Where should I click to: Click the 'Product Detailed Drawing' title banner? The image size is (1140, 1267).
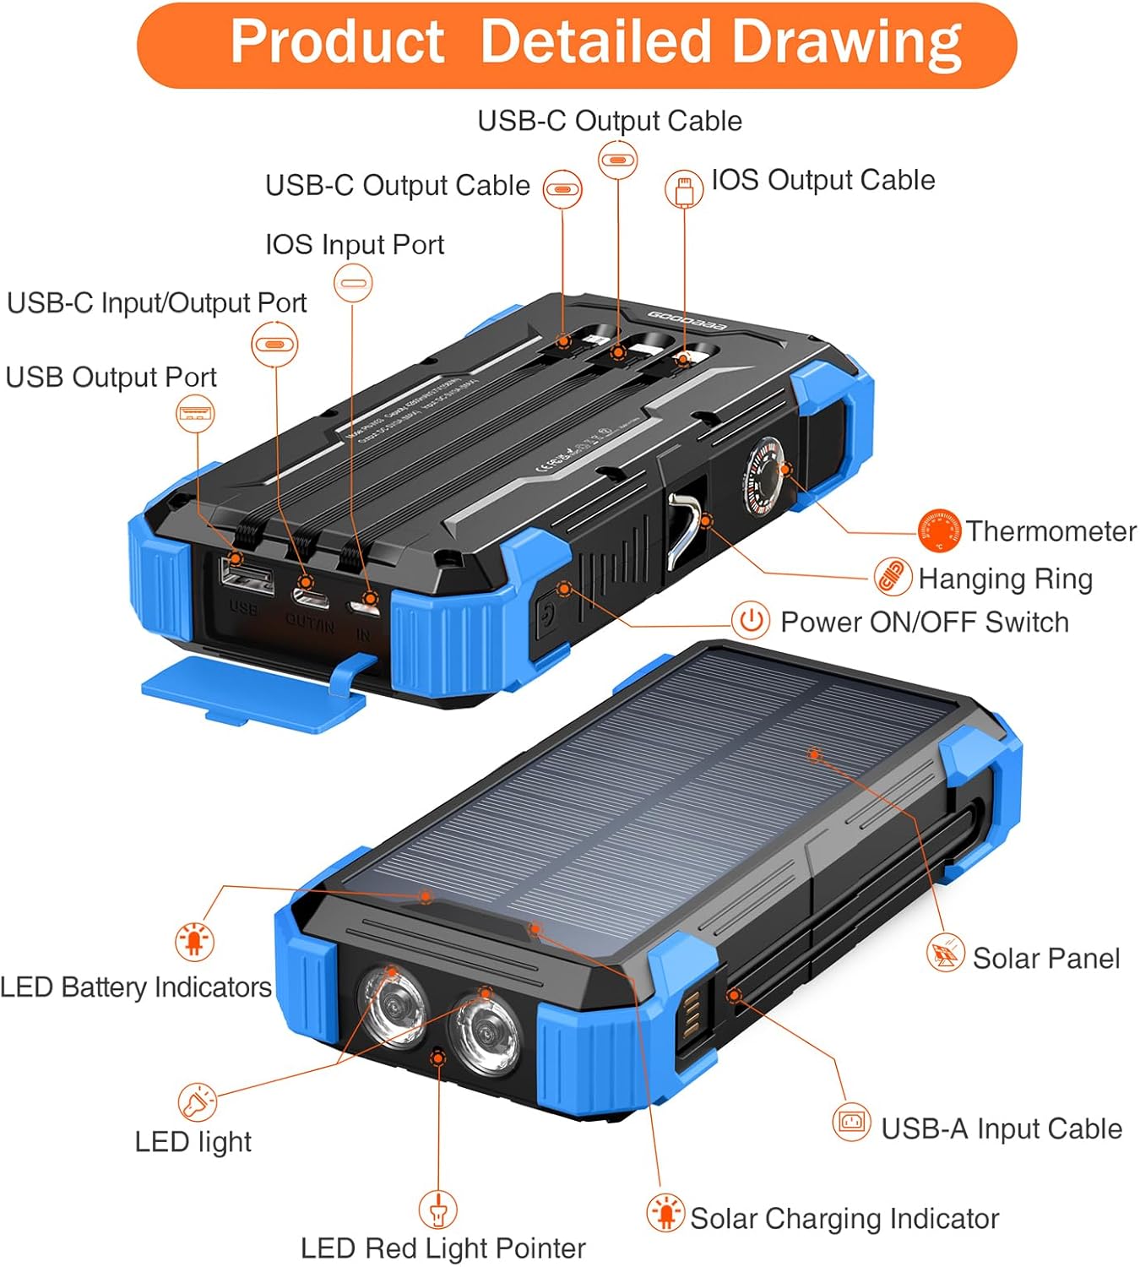[577, 44]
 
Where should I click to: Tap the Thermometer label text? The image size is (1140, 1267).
[1050, 531]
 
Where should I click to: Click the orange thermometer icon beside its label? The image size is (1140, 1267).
[939, 530]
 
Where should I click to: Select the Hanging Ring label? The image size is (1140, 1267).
[1005, 579]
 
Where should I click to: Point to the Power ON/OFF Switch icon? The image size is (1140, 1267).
[750, 621]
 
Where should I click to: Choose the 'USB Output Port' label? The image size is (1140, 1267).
[111, 377]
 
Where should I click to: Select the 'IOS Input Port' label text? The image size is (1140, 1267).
[354, 245]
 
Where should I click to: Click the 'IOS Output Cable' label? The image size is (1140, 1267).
[822, 180]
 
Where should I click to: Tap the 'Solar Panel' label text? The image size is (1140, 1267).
[1045, 959]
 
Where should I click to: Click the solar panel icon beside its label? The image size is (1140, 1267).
[945, 954]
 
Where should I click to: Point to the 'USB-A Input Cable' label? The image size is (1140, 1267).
[1001, 1128]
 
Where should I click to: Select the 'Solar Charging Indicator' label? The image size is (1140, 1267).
[844, 1218]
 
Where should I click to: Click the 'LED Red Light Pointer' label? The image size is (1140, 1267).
[442, 1248]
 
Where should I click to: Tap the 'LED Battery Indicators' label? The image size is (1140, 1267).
[136, 987]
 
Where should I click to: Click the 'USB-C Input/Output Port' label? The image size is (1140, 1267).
[156, 303]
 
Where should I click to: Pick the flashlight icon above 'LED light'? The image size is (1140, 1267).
[197, 1101]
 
